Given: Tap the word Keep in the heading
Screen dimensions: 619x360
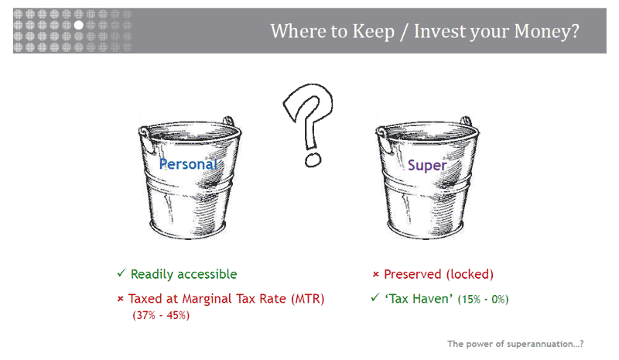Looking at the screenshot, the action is pos(374,31).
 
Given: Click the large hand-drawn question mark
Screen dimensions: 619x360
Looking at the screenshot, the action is pos(309,125).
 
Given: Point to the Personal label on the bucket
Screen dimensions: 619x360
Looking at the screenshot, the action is pos(188,164).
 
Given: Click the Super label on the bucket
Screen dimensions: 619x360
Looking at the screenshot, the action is pos(427,165).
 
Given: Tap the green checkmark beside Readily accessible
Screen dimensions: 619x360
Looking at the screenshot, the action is pos(121,273).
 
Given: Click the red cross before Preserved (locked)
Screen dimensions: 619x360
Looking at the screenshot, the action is pos(376,274).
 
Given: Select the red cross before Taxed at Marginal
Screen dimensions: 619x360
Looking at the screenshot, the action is pos(121,299).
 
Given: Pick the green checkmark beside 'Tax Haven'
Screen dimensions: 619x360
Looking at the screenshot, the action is pos(375,297).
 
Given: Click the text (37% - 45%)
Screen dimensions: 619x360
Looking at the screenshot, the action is pos(161,315).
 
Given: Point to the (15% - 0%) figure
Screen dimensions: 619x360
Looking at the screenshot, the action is pos(483,299).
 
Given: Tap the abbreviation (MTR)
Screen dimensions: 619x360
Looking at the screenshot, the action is pos(307,299).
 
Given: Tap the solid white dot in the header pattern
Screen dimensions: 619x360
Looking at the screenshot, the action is pos(79,25).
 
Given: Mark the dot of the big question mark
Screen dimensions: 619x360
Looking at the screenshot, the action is pos(313,160).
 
